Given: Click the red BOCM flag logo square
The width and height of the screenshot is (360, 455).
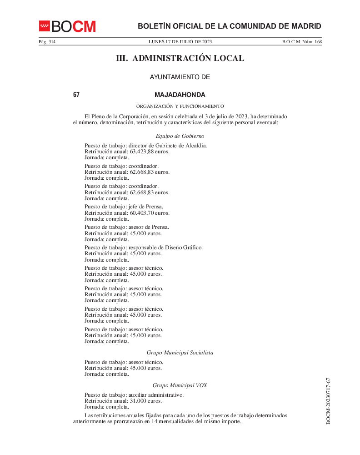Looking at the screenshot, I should coord(44,25).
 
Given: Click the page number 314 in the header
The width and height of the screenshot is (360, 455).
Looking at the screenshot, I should coord(50,42).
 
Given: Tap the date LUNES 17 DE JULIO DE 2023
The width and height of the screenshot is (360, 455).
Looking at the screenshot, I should coord(180,42).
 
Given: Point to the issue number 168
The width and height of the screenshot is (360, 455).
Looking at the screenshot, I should coord(318,42).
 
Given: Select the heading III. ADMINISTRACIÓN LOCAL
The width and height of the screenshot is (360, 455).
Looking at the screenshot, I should coord(180,58).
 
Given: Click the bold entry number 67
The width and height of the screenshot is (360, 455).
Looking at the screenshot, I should coord(76,95).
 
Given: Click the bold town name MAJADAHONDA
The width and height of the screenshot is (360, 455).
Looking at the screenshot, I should coord(180,95).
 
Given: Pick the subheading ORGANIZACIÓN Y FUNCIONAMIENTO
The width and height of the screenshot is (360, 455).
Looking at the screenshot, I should coord(180,106).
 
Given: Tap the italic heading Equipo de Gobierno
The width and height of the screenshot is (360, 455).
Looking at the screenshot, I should coord(180,136).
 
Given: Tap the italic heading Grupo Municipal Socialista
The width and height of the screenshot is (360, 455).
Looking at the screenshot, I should coord(180,352).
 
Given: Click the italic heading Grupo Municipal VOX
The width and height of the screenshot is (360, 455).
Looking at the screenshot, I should coord(180,385).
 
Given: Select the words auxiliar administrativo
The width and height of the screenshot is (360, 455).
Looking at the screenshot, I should coord(156,395).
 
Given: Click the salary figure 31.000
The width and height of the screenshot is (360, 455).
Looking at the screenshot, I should coord(138,401).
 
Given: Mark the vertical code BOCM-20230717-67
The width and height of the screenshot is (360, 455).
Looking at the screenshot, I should coord(328,401).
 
